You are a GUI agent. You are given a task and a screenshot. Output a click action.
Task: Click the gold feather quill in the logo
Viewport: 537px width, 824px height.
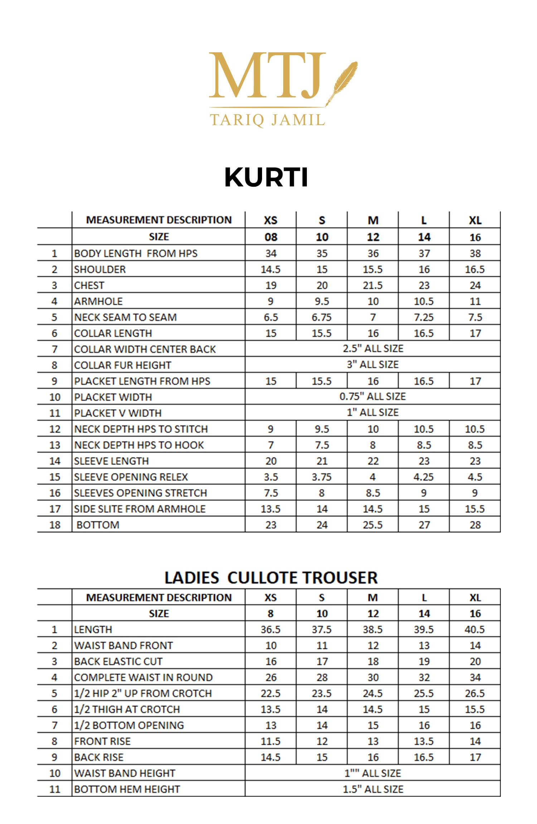point(343,82)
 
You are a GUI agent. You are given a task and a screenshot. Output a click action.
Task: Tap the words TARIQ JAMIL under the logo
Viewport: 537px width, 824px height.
point(267,120)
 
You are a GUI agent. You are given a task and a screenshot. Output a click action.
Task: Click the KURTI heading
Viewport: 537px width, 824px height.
point(266,177)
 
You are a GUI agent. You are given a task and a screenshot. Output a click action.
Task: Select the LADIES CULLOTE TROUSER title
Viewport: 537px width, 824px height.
point(271,578)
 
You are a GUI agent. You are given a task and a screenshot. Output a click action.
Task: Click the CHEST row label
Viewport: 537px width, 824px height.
point(89,285)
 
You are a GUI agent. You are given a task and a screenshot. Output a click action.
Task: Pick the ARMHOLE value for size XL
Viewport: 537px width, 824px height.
point(475,301)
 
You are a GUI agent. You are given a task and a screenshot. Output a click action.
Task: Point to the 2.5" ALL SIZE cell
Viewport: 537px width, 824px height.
point(373,348)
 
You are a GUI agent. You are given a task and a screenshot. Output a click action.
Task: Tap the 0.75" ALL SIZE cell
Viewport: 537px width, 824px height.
point(373,396)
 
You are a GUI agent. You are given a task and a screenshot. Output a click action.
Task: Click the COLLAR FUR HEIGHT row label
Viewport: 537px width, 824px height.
point(122,365)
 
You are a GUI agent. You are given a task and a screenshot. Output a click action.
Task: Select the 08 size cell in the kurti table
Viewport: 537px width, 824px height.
point(271,237)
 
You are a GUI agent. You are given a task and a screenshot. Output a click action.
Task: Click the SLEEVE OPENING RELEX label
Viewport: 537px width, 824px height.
point(131,477)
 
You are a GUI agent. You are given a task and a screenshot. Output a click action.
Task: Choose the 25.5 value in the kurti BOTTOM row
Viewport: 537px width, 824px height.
point(373,525)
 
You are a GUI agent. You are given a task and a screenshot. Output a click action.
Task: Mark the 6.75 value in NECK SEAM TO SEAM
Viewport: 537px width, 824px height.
point(321,317)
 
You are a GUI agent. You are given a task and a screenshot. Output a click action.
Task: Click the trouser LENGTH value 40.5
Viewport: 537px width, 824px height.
point(475,629)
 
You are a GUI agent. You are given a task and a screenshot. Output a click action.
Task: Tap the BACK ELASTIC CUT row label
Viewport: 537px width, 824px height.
point(118,661)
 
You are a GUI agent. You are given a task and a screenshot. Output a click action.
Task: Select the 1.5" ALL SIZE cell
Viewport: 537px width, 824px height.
point(373,789)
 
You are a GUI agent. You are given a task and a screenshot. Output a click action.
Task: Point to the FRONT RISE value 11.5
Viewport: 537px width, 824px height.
point(271,741)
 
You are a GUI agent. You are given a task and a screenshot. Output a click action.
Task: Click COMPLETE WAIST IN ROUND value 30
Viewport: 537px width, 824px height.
point(373,677)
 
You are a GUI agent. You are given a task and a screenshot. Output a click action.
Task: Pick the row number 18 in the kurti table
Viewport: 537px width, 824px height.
point(55,525)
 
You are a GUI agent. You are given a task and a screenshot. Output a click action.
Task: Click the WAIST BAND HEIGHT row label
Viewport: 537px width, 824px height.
point(125,773)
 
